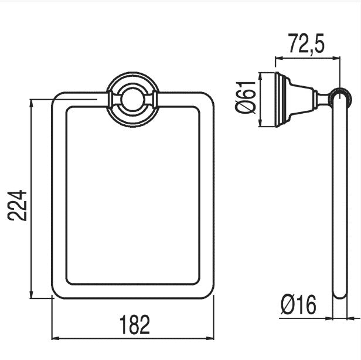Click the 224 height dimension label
coord(17,205)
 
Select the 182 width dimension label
coord(134,325)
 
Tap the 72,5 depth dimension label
coord(306,43)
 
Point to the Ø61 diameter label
coord(246,97)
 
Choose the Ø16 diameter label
coord(299,305)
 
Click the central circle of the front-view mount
coord(133,99)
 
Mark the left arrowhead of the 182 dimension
coord(56,338)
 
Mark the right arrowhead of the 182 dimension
coord(210,338)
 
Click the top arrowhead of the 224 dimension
coord(32,104)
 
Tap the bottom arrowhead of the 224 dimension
coord(32,294)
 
